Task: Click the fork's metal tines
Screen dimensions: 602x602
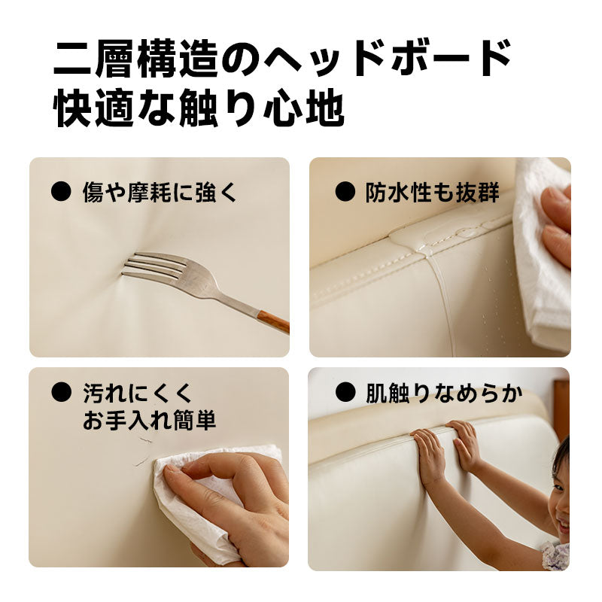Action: click(154, 267)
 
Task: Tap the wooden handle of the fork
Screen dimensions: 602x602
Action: click(273, 322)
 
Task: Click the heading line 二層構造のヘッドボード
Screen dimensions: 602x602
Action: click(283, 59)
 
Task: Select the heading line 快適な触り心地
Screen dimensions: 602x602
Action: click(199, 107)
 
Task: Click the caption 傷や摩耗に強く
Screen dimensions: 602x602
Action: click(160, 192)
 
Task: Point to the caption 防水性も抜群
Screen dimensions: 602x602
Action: click(432, 192)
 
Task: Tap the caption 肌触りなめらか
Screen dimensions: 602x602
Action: click(444, 393)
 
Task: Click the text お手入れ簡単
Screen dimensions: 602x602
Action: click(149, 420)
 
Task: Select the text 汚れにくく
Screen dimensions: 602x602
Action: click(137, 393)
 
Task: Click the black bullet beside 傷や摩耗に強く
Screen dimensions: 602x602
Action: click(61, 191)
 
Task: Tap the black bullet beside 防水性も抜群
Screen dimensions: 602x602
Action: click(345, 191)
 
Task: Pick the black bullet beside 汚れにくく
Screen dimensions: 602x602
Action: click(61, 392)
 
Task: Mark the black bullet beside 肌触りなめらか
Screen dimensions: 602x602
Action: click(345, 392)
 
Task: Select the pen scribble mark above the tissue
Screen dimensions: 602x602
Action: click(143, 451)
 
